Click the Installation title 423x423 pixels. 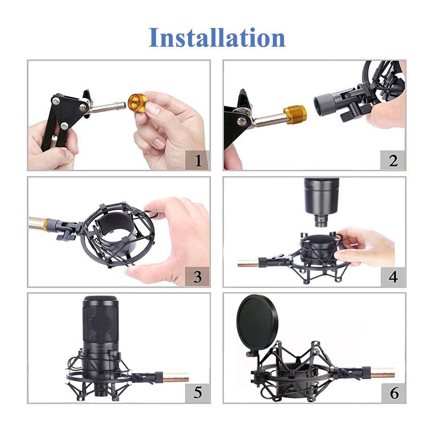pos(217,37)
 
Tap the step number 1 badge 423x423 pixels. pos(198,160)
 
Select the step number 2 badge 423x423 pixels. pos(393,160)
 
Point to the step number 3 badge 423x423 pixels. pos(198,277)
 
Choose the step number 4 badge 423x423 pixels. pos(393,277)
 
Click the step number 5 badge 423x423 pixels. pos(198,393)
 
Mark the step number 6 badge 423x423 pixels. pos(394,393)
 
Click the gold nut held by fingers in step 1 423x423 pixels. pos(137,103)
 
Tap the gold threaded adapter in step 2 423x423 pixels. pos(295,114)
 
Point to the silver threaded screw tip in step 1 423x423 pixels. pos(121,105)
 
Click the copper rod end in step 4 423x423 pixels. pos(248,263)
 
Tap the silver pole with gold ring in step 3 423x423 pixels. pos(39,224)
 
